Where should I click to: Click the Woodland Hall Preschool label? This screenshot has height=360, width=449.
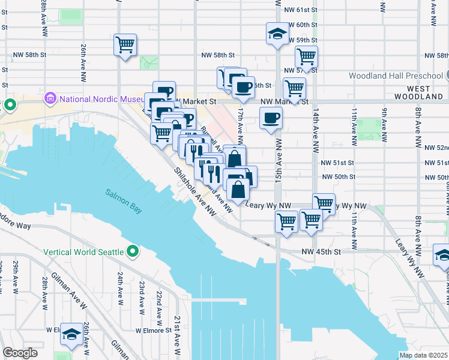point(395,76)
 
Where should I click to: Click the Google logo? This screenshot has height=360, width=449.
point(20,352)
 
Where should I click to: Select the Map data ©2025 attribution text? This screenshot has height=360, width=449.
point(423,355)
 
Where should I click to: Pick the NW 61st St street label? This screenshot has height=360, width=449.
point(301,10)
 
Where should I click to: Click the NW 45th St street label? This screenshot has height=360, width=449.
point(321,252)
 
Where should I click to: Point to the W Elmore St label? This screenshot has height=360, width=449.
point(153,330)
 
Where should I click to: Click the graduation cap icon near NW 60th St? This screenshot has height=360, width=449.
point(278,33)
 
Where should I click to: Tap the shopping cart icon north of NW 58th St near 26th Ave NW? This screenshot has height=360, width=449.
point(125,45)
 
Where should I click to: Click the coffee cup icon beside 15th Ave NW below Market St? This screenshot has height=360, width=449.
point(271,118)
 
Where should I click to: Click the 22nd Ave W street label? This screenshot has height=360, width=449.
point(159,303)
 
